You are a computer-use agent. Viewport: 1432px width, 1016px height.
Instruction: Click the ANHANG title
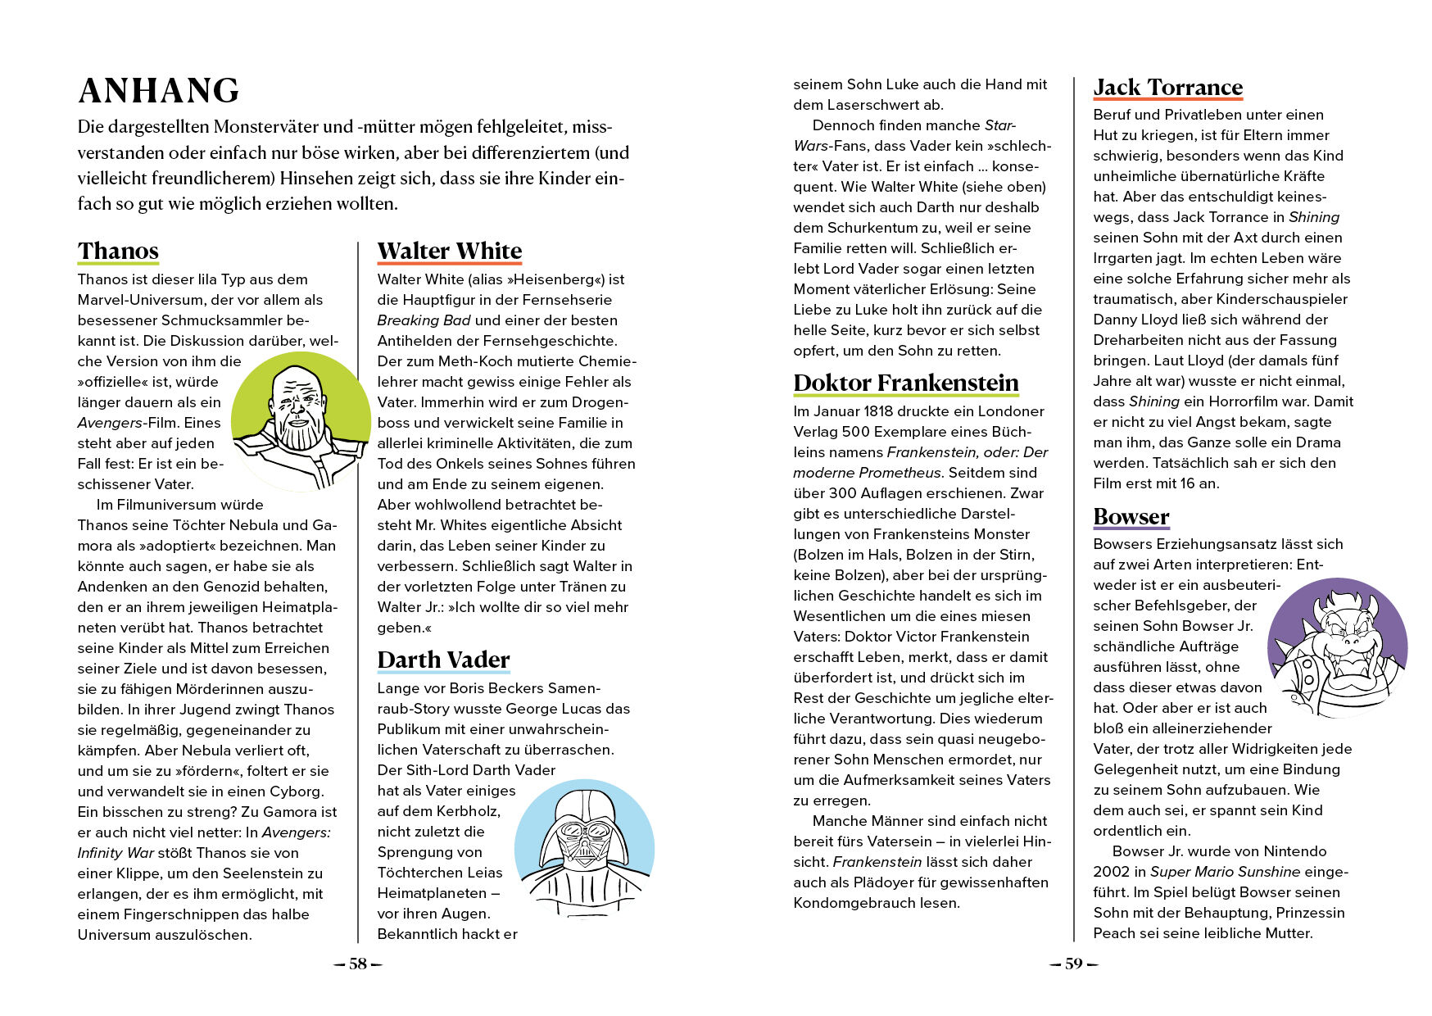(159, 91)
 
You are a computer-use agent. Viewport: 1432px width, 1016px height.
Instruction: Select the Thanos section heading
(118, 251)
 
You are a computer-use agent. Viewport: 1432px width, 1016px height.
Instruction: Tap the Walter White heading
(449, 251)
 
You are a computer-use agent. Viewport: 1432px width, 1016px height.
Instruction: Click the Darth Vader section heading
(443, 660)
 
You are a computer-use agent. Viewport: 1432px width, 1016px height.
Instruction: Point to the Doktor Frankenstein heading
(905, 383)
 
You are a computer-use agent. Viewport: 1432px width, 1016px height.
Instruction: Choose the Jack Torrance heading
(1167, 88)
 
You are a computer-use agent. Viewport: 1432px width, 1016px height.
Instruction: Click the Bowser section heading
(1131, 517)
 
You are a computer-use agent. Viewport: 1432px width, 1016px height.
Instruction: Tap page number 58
(358, 964)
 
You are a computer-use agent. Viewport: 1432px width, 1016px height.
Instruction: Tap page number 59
(1073, 964)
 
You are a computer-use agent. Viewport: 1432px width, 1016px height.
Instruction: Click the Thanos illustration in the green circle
(300, 421)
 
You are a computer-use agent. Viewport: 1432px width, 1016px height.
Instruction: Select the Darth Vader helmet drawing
(584, 848)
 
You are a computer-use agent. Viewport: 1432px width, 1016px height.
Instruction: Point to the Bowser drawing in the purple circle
(1337, 647)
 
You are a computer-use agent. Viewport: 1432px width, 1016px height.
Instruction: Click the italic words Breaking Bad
(424, 320)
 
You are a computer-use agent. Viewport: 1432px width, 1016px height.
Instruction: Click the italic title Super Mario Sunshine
(1225, 872)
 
